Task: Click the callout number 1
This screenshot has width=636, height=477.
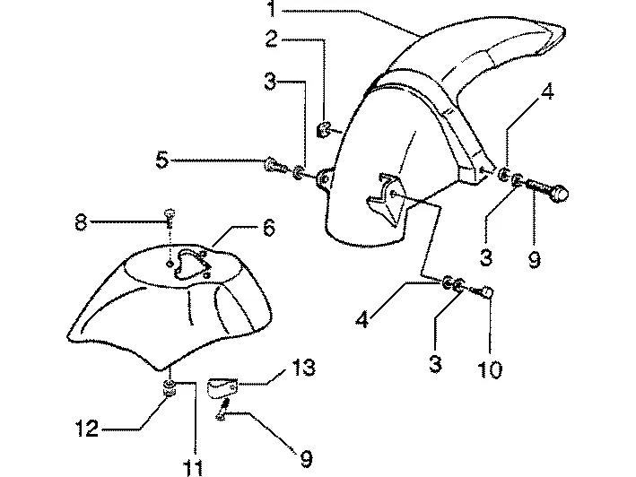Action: [x=272, y=9]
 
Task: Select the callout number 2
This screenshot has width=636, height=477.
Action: [x=272, y=39]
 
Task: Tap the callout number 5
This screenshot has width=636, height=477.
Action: [x=162, y=160]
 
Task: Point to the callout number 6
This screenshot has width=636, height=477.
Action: [x=268, y=228]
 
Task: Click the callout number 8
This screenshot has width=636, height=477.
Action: [x=81, y=222]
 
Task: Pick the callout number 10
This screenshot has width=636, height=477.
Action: [x=490, y=369]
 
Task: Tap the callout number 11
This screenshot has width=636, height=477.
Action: [x=193, y=468]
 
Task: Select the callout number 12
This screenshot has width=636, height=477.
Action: [x=87, y=429]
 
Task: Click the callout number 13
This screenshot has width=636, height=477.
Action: [x=303, y=368]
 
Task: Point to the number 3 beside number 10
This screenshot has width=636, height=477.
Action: [x=435, y=363]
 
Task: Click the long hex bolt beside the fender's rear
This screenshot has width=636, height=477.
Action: [x=547, y=191]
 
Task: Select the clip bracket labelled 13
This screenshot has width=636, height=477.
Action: [x=222, y=388]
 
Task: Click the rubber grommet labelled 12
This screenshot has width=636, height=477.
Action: [x=170, y=388]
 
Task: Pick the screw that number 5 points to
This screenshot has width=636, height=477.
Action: [x=275, y=165]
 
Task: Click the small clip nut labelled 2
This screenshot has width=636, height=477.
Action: [x=323, y=130]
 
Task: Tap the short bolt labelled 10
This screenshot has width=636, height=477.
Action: [x=484, y=291]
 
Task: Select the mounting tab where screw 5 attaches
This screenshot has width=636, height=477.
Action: [x=325, y=178]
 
